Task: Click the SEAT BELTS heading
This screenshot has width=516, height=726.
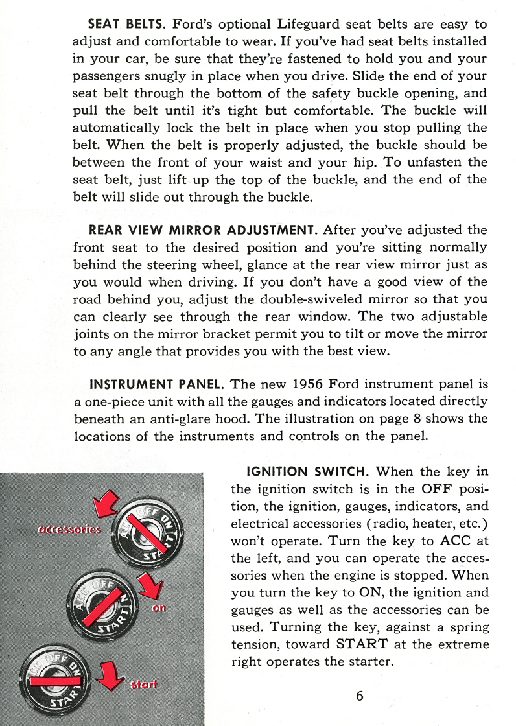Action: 128,25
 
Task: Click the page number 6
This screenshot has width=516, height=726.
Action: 359,696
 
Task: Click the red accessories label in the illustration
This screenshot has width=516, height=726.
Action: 69,530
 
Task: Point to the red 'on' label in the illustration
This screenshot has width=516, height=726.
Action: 160,608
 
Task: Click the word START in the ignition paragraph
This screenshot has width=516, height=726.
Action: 362,644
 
